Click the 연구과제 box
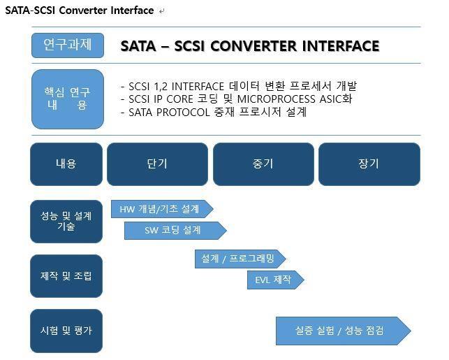click(67, 45)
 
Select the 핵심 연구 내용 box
click(67, 99)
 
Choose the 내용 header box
click(66, 164)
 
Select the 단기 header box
click(157, 164)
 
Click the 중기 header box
click(263, 164)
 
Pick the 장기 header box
click(369, 164)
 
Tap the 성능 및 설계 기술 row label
click(66, 222)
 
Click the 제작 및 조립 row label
click(66, 275)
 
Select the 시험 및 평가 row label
click(66, 330)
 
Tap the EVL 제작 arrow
click(274, 280)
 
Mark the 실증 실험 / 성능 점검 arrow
click(341, 331)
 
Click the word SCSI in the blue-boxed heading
click(189, 46)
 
